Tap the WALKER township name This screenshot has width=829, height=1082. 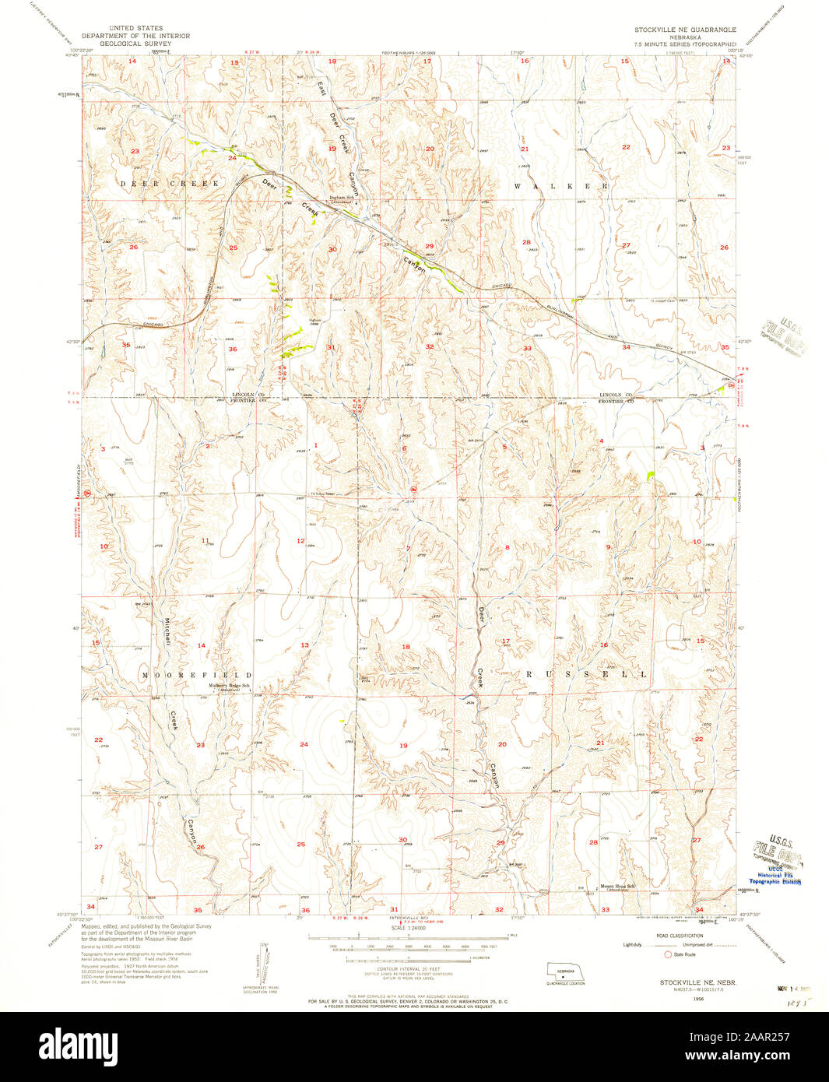point(560,187)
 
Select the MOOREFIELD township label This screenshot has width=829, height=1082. point(197,675)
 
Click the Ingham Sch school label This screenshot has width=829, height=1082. point(342,198)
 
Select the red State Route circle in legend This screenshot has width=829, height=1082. point(666,954)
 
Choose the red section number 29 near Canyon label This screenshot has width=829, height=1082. point(429,246)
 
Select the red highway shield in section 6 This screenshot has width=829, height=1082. point(413,489)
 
